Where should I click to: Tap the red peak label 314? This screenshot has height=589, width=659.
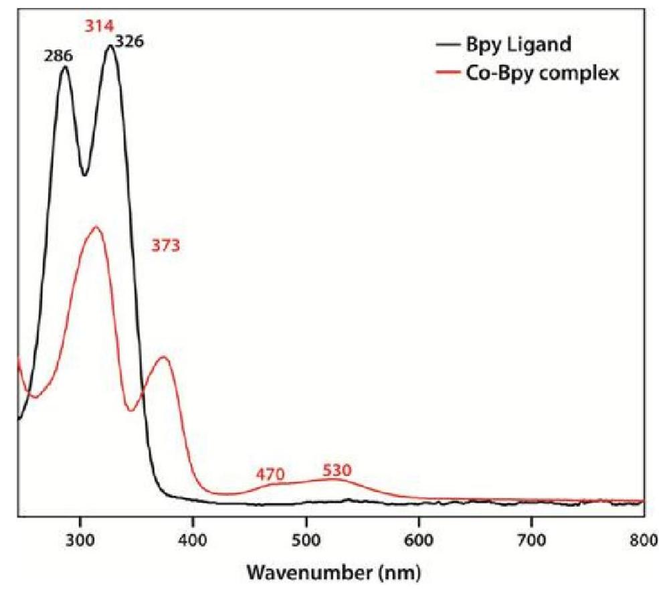click(x=98, y=27)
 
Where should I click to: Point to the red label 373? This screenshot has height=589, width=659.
click(x=165, y=246)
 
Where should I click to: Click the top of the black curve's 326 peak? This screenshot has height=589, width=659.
click(x=110, y=46)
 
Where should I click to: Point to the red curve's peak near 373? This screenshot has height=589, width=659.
click(x=165, y=357)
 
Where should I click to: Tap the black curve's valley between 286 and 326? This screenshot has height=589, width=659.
click(x=84, y=175)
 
